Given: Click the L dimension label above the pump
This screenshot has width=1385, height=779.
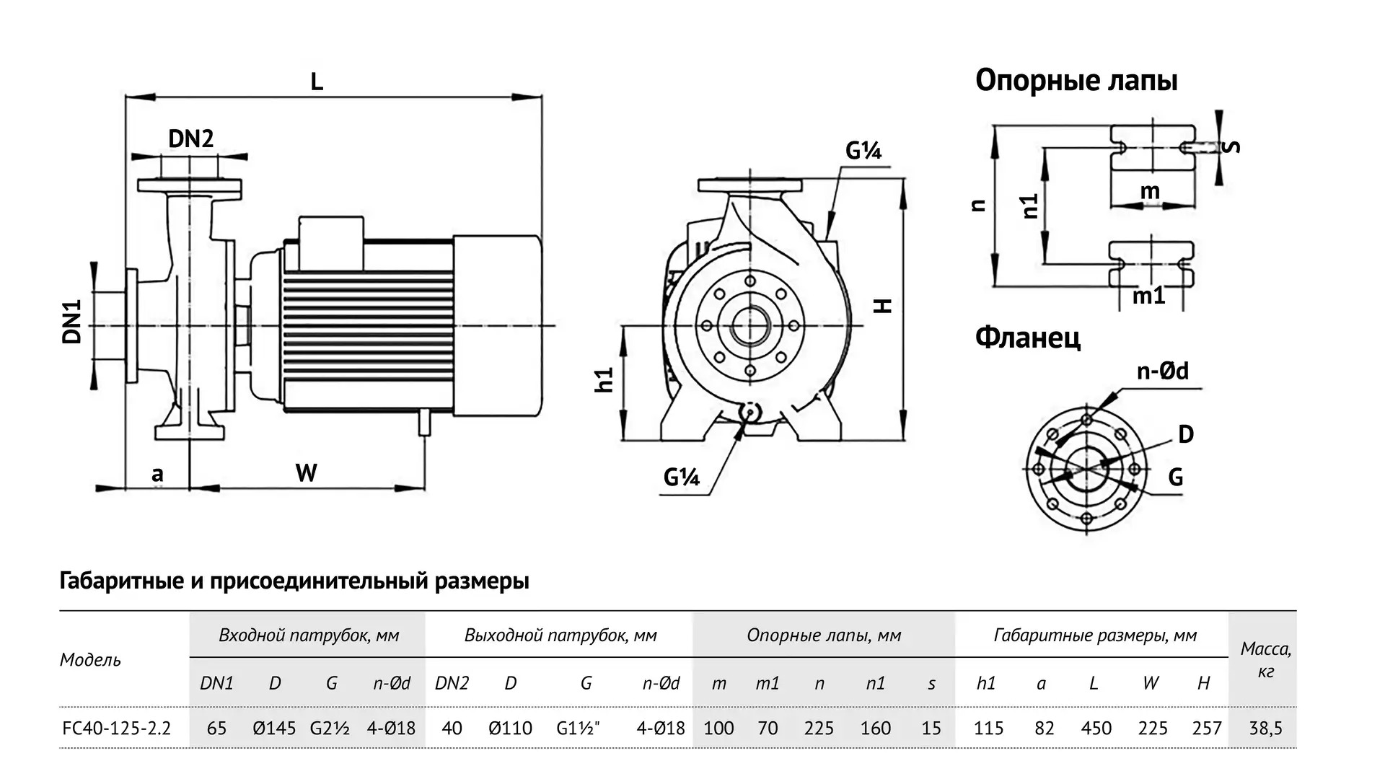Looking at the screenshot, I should [317, 82].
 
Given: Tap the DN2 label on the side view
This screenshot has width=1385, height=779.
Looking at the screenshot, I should [190, 138].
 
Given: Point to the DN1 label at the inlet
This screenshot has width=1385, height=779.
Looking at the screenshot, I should [72, 322].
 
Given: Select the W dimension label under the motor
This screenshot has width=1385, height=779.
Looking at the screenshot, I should [307, 473].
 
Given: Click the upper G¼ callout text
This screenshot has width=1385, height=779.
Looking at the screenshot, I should [863, 151].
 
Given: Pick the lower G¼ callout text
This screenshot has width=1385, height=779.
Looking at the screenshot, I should [682, 477].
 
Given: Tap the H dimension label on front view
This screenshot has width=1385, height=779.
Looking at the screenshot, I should [884, 305].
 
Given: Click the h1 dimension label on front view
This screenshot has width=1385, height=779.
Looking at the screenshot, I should [604, 379].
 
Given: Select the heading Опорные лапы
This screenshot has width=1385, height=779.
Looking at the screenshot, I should [1076, 80].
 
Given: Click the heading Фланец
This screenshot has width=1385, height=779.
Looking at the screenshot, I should [1027, 337].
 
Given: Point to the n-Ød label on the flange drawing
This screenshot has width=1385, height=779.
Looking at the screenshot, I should [1162, 371].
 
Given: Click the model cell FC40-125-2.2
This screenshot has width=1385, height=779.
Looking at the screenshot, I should [117, 729].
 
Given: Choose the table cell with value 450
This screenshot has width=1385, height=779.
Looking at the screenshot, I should [1096, 729].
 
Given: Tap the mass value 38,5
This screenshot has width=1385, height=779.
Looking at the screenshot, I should [1265, 729].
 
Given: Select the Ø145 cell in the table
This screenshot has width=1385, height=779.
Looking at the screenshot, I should [274, 729].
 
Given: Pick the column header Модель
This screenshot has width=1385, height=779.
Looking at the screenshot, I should [90, 660].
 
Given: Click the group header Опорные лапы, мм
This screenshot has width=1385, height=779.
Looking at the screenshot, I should [824, 635].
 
